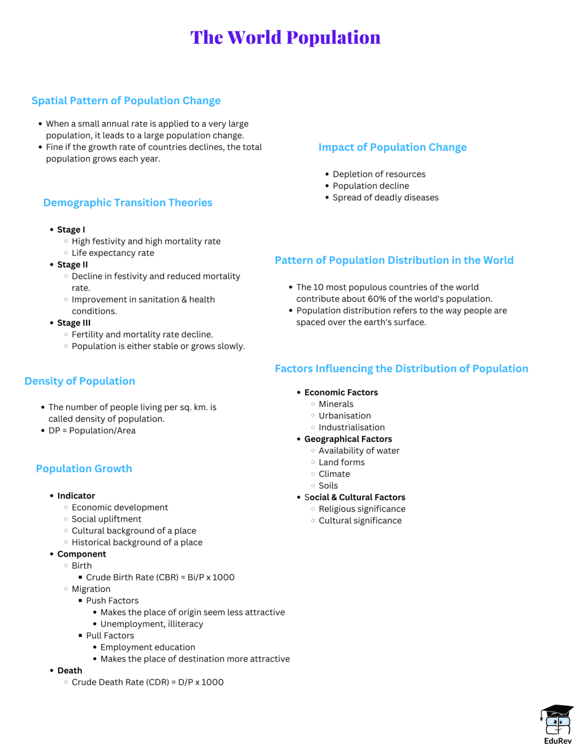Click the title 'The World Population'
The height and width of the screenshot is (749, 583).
[x=285, y=38]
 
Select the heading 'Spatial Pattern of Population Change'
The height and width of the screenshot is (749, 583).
[x=126, y=101]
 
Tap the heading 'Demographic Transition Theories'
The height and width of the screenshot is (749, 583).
[x=128, y=202]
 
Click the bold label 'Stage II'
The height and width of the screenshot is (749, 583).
[x=72, y=264]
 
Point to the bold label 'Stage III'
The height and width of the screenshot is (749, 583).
[x=73, y=322]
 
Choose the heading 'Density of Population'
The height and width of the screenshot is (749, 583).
[x=80, y=381]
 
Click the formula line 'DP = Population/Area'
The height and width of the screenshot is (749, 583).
[x=92, y=431]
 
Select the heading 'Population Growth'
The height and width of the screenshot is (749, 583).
[x=84, y=469]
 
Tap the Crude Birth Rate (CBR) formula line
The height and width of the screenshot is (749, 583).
[x=160, y=577]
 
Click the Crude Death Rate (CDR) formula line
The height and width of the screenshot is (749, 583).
[x=147, y=682]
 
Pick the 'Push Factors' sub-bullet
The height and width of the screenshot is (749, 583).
[x=112, y=601]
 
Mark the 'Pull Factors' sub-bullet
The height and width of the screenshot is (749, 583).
[x=110, y=635]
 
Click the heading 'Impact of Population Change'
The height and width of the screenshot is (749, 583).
[x=392, y=147]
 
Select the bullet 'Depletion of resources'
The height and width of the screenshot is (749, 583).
[x=379, y=174]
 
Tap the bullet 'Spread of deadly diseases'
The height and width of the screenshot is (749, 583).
[x=385, y=197]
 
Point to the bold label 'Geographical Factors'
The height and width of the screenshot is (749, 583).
[x=348, y=439]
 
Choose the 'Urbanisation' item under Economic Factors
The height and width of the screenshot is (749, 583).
[x=344, y=416]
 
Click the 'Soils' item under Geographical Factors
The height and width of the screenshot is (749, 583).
[x=328, y=486]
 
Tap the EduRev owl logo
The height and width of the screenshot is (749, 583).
[x=557, y=721]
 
